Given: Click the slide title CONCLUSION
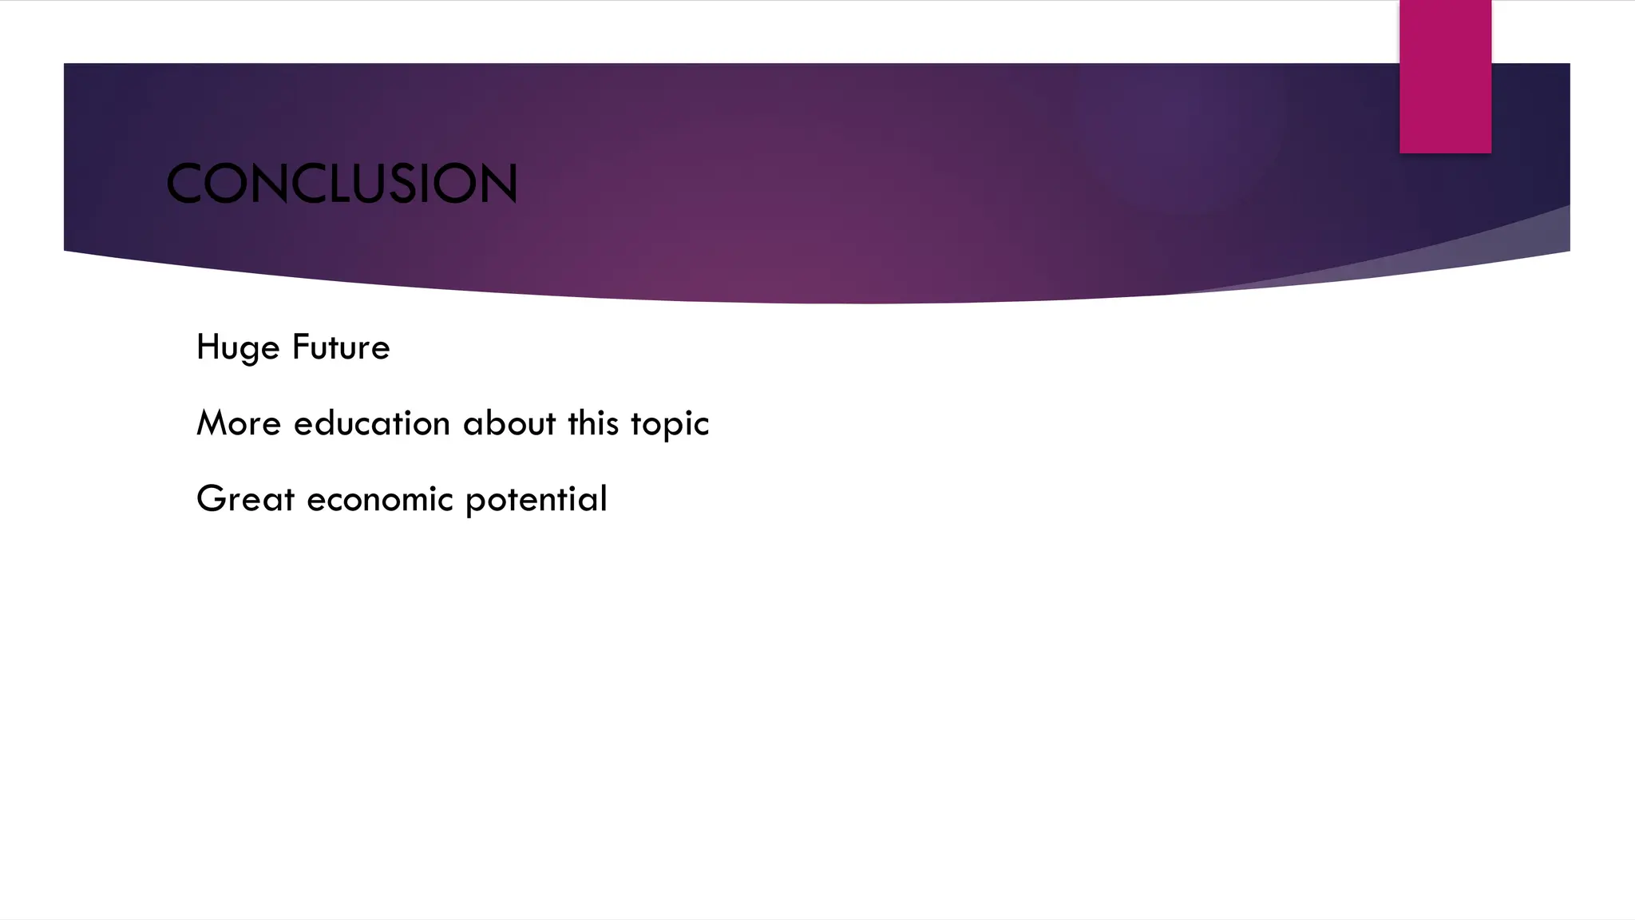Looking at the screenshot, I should [342, 184].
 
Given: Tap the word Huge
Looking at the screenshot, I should [238, 348].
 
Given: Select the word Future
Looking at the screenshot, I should [341, 347].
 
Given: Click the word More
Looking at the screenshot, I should [239, 423].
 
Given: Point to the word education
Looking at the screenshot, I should [372, 423].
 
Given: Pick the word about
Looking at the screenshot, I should [509, 423].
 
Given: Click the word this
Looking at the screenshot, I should [593, 423].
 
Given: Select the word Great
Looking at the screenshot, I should [245, 499].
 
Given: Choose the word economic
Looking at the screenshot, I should [380, 499].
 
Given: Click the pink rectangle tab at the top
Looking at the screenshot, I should [1445, 77].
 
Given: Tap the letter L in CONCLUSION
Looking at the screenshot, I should [327, 184].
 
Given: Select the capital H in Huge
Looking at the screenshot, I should [206, 347].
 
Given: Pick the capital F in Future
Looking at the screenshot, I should [300, 347].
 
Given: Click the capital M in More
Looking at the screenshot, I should [212, 423].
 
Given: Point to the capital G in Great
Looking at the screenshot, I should [211, 499].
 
